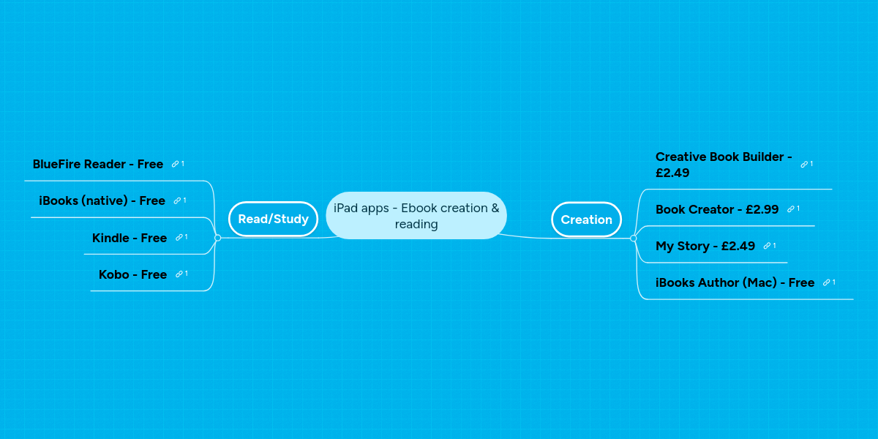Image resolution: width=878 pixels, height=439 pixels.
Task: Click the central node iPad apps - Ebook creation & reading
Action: click(x=416, y=216)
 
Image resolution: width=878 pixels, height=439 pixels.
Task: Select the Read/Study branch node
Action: click(x=273, y=219)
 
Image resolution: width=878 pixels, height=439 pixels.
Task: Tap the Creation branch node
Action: click(x=586, y=219)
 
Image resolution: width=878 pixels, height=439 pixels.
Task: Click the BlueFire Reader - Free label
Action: click(x=97, y=164)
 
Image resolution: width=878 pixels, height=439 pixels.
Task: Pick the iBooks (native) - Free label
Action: click(x=102, y=200)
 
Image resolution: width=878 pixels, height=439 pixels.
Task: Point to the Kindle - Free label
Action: click(x=130, y=238)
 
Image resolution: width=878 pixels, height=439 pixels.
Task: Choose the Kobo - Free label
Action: click(x=132, y=274)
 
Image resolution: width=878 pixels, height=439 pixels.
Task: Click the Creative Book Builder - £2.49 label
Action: click(x=724, y=165)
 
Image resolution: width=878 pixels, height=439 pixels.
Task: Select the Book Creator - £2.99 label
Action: click(x=717, y=209)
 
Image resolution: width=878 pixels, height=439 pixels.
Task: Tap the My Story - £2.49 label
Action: click(x=705, y=246)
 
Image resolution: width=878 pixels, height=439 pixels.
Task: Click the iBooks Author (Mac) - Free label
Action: click(x=735, y=282)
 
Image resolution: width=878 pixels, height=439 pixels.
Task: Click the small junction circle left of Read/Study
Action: click(x=218, y=238)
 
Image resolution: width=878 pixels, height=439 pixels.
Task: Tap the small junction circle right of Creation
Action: click(x=634, y=239)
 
